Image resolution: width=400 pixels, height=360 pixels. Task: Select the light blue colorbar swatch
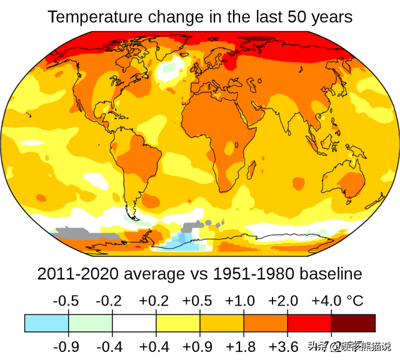click(47, 322)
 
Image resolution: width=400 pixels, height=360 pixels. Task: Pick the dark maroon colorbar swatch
click(353, 322)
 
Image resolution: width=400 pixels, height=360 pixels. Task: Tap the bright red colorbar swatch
click(309, 322)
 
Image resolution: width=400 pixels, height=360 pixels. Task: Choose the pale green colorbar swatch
click(91, 322)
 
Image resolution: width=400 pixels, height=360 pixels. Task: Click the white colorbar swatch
click(134, 322)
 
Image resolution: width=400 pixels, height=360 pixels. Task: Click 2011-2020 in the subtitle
click(74, 274)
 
